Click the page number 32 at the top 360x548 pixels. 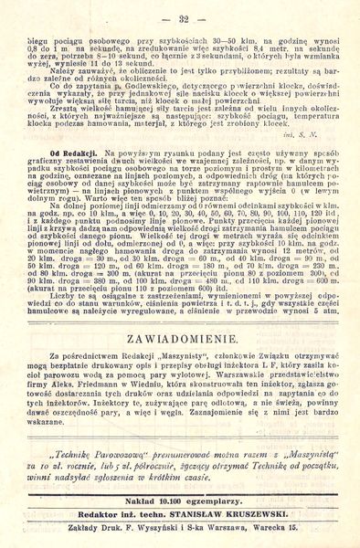pyautogui.click(x=183, y=18)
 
